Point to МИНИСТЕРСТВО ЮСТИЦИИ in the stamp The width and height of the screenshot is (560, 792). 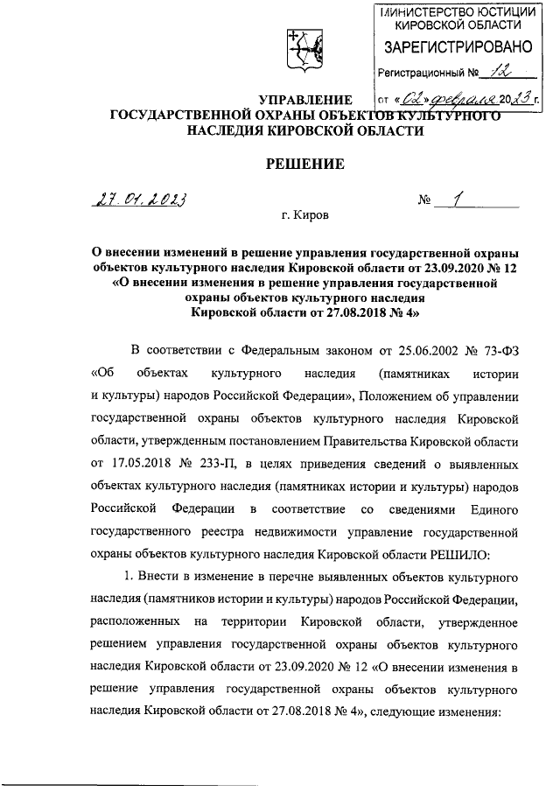click(x=453, y=11)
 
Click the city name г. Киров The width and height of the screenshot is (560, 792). click(x=301, y=214)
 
